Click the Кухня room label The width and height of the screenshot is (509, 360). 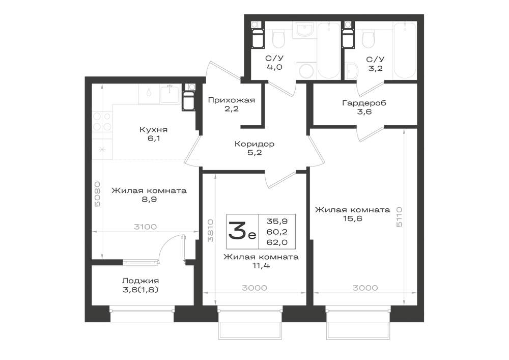point(153,130)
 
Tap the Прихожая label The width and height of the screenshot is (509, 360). point(232,100)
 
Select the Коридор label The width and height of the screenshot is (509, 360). point(254,144)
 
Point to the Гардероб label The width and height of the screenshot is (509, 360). point(364,103)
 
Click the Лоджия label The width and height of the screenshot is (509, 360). point(140,281)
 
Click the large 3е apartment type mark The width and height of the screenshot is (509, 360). point(242,231)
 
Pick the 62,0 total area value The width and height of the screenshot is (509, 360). point(277,242)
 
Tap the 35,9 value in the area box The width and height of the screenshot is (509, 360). point(277,221)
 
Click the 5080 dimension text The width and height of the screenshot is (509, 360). point(97,194)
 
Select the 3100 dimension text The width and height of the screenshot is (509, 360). point(146,227)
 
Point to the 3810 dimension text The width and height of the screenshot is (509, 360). point(211,230)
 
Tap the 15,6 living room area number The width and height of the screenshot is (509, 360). point(353,218)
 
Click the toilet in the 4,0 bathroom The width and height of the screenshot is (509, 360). point(278,39)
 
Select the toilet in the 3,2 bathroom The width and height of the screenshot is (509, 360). point(369,39)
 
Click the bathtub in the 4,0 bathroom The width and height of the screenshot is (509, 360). point(329,50)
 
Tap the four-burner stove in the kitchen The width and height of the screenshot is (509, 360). point(102,121)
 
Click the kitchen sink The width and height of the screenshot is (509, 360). point(170,94)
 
